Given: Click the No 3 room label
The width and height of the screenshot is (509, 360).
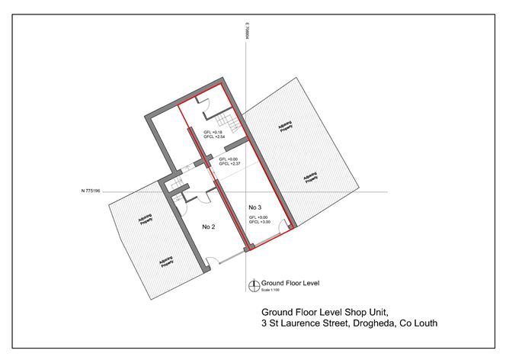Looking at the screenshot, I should [256, 207].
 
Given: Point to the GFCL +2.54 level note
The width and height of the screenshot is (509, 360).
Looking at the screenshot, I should [213, 138].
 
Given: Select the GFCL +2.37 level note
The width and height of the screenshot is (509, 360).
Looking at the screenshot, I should [229, 164].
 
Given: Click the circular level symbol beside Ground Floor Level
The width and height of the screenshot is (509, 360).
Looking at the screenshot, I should [254, 285].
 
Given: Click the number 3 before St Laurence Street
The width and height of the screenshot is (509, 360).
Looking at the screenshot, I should [264, 323].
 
